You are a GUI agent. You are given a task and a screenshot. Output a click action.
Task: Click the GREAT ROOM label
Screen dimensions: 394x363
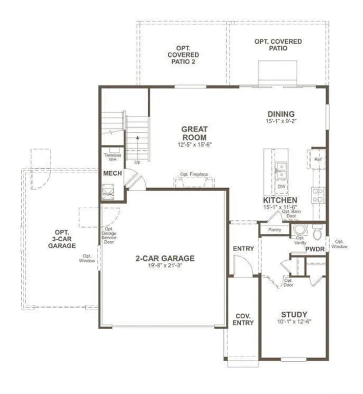[195, 133]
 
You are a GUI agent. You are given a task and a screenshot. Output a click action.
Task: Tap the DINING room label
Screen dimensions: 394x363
[281, 114]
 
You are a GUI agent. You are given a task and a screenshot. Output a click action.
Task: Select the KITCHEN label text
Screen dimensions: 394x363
[280, 200]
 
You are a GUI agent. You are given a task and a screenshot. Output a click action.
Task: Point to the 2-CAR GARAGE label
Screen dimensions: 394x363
[165, 258]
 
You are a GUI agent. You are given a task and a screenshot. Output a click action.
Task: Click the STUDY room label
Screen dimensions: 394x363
[293, 314]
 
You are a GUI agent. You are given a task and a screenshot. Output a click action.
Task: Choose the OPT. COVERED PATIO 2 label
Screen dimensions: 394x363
[183, 55]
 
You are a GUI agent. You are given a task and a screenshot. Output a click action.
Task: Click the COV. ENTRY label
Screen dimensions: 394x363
[243, 319]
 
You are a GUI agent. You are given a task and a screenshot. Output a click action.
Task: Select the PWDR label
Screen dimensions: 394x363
[314, 249]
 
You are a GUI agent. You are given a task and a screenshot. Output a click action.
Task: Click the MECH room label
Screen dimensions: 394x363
[112, 173]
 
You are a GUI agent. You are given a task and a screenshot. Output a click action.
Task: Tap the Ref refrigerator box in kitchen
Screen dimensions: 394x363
[318, 160]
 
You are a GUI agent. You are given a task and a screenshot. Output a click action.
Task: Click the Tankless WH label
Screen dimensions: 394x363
[113, 157]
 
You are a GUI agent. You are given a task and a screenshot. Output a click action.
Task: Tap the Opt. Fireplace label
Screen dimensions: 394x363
[194, 174]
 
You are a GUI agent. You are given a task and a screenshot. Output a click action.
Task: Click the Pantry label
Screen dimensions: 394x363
[275, 230]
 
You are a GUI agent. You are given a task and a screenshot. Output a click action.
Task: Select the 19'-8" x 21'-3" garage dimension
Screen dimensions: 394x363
[165, 266]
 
